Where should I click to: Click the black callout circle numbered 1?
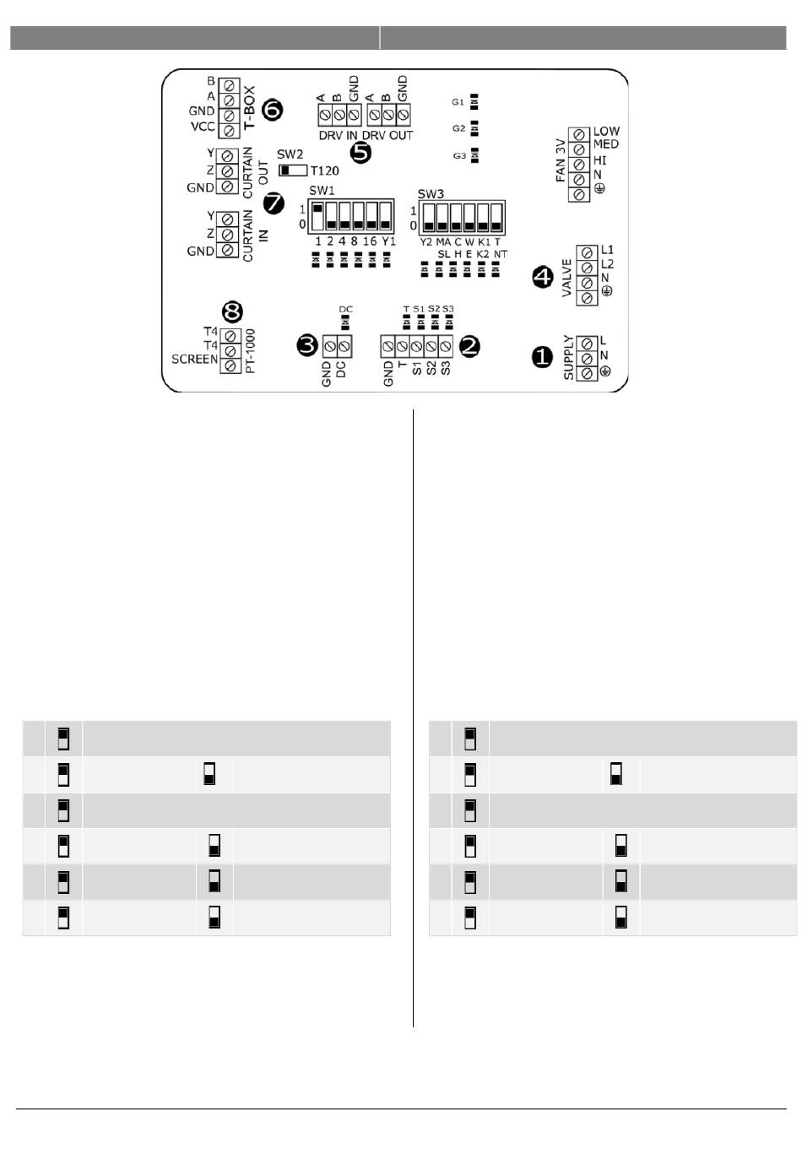click(542, 357)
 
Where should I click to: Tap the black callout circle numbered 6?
click(273, 109)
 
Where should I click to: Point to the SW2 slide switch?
click(293, 170)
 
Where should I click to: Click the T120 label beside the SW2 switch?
click(325, 171)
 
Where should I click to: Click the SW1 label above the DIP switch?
click(322, 190)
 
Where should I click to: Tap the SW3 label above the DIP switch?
click(431, 193)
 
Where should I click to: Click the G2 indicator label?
click(458, 128)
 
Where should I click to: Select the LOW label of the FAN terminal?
click(606, 131)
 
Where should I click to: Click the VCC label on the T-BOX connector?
click(203, 127)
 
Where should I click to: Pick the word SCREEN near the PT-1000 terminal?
click(194, 359)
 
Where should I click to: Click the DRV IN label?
click(338, 135)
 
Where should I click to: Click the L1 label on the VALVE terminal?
click(607, 250)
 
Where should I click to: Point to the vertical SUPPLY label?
click(568, 357)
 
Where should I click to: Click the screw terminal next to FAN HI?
click(580, 163)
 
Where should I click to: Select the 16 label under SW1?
click(370, 241)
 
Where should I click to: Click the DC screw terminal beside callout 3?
click(344, 345)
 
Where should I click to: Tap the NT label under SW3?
click(501, 253)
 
